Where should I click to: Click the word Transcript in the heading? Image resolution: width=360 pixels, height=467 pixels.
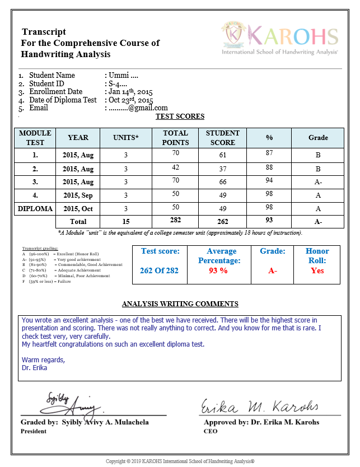[x=44, y=32]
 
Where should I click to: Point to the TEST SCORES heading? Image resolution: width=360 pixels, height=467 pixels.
[x=180, y=116]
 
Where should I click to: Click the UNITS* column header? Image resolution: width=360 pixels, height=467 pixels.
[x=126, y=137]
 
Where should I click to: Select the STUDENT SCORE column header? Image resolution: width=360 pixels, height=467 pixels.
[x=222, y=138]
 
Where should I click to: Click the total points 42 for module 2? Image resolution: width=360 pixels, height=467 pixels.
[x=175, y=167]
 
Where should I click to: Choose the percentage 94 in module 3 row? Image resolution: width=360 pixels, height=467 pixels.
[x=269, y=180]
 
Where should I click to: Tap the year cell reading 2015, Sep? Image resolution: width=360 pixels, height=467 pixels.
[x=78, y=195]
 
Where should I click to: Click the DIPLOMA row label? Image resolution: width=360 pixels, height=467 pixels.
[x=35, y=209]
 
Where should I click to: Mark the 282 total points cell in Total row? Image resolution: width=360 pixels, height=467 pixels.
[x=175, y=220]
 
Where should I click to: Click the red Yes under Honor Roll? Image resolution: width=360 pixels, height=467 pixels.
[x=317, y=270]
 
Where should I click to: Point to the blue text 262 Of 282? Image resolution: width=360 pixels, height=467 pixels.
[x=160, y=271]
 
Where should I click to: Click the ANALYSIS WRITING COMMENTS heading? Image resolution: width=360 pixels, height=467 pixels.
[x=180, y=304]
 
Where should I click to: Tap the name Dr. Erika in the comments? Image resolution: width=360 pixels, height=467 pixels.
[x=34, y=368]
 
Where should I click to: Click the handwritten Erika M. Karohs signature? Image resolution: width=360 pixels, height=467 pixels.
[x=259, y=406]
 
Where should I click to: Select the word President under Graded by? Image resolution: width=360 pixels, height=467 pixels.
[x=34, y=431]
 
